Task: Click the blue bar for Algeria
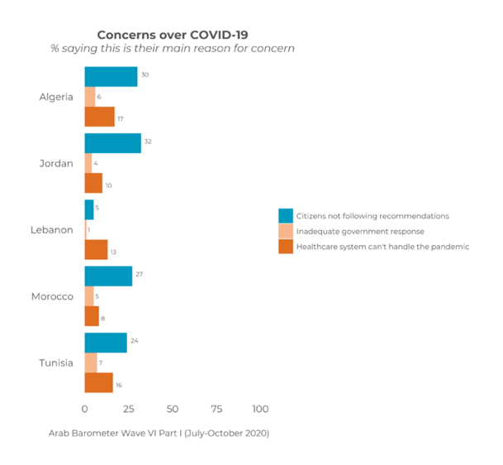click(111, 76)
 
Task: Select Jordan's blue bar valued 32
click(112, 142)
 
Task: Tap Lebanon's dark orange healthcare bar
click(96, 249)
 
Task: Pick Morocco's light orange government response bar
click(89, 296)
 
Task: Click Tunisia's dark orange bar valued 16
click(98, 382)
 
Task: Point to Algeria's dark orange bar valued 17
click(99, 117)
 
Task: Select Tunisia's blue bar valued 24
click(106, 343)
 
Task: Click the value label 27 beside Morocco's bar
click(140, 273)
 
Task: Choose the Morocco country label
click(52, 296)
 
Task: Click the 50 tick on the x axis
click(173, 409)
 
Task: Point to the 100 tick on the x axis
click(260, 409)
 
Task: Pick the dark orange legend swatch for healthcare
click(285, 247)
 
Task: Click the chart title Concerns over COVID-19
click(173, 35)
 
